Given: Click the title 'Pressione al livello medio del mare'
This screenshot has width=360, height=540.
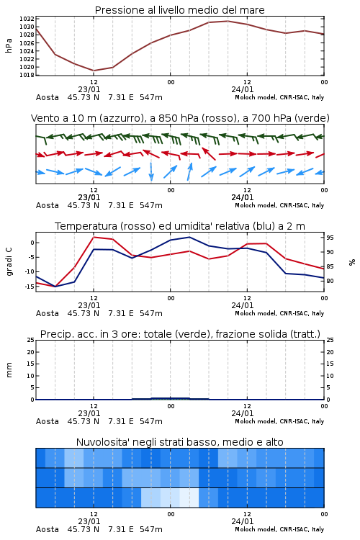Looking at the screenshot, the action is tap(179, 10).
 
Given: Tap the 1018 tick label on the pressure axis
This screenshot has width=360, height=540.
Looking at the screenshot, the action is tap(27, 75).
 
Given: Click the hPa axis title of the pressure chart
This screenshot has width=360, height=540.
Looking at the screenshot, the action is tap(9, 45).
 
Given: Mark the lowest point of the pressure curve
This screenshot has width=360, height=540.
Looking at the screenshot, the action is tap(94, 71).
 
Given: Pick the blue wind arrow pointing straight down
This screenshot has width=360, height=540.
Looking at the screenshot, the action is tap(151, 172).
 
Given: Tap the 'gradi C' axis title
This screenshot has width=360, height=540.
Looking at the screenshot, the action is tap(9, 262).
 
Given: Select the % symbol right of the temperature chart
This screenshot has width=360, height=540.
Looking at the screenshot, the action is tap(352, 262).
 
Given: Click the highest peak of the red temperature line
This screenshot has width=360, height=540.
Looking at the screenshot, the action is tap(94, 237).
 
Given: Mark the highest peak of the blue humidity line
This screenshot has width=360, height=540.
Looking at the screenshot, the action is tap(189, 237).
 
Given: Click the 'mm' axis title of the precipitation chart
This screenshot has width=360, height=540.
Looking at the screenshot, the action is tap(9, 370).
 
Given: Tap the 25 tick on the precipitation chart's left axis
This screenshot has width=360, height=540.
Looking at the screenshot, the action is tap(31, 340).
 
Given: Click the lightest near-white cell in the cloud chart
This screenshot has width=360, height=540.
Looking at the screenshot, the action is tap(189, 498).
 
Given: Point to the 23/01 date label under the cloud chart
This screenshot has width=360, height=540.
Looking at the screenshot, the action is tap(89, 521).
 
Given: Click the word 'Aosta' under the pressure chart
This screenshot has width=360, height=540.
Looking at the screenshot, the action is tap(48, 97).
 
